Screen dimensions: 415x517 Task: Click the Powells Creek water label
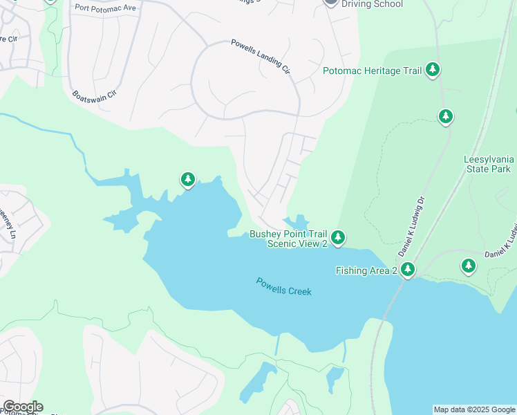click(x=283, y=286)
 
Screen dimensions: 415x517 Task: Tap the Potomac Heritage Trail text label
click(x=372, y=70)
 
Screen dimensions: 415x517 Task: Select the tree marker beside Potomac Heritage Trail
click(x=433, y=69)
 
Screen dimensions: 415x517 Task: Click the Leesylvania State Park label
click(x=487, y=164)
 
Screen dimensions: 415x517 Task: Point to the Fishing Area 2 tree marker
click(x=408, y=269)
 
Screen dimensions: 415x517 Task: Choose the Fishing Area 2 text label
click(x=366, y=270)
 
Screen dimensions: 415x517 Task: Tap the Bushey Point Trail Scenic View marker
click(x=337, y=238)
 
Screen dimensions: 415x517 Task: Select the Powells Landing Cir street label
click(x=260, y=57)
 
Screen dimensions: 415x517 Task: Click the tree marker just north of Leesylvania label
click(x=446, y=116)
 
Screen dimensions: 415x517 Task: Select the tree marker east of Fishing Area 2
click(x=469, y=265)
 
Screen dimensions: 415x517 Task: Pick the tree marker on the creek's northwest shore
click(x=187, y=180)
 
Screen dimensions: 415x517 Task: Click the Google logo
click(x=22, y=407)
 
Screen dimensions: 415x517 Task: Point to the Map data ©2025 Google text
click(x=474, y=409)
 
